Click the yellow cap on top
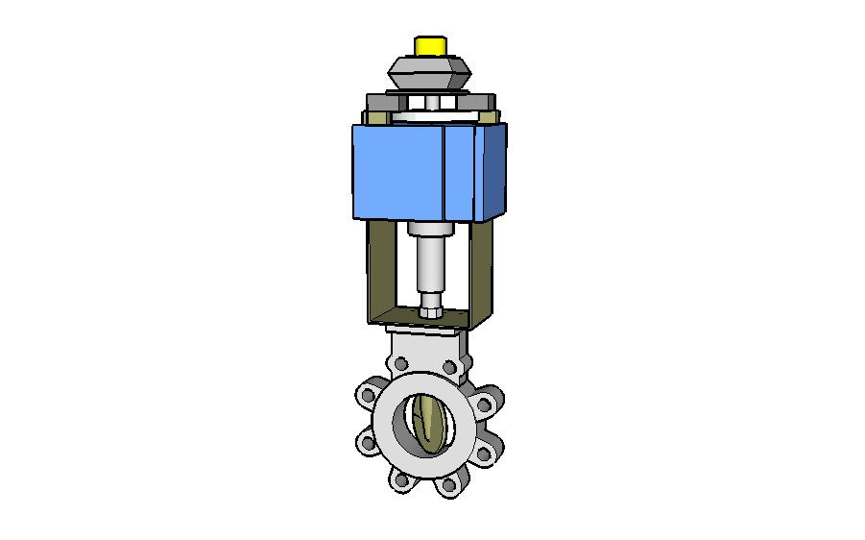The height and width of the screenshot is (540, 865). click(x=429, y=45)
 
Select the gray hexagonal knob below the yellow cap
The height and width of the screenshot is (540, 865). click(x=428, y=70)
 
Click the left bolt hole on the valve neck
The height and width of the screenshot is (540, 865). click(x=400, y=365)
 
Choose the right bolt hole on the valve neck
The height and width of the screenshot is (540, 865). click(x=457, y=366)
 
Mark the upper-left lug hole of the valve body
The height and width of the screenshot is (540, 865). click(x=368, y=393)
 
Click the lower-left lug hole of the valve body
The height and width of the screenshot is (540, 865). click(x=367, y=442)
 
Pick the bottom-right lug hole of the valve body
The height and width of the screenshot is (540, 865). click(x=448, y=484)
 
